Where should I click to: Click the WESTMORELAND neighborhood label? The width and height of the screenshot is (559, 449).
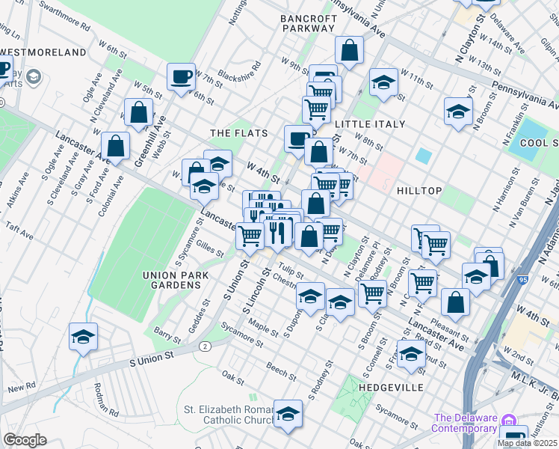click(43, 52)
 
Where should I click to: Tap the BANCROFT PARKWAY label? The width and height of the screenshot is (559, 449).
click(308, 22)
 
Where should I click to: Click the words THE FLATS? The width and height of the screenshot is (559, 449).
click(238, 133)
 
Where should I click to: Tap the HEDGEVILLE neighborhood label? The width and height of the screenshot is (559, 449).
click(391, 388)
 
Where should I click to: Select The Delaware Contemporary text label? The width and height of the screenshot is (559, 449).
click(465, 424)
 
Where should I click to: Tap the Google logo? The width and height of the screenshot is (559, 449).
click(25, 440)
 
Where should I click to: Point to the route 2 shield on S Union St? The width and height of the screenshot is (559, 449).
click(203, 346)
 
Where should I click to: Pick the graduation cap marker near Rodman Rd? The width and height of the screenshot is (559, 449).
click(84, 337)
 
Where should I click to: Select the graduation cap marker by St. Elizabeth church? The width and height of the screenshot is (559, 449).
click(288, 415)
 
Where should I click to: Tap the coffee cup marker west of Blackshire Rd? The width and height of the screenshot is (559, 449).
click(181, 77)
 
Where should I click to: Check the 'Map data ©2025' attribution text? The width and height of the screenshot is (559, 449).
click(525, 443)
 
